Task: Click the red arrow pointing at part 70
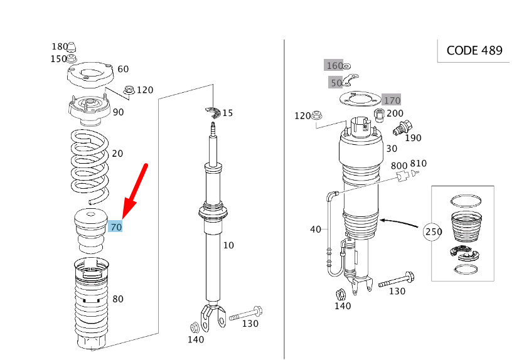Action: pos(135,192)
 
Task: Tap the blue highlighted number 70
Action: pos(116,227)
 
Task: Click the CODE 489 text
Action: pos(474,50)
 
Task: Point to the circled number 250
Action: pos(433,231)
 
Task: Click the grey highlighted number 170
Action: pos(392,100)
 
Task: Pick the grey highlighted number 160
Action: pos(333,65)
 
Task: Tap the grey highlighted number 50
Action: pos(336,82)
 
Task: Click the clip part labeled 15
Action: pos(213,112)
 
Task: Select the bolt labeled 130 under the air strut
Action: pos(397,280)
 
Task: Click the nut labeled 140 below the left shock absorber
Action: pos(195,327)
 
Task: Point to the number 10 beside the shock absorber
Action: pos(228,245)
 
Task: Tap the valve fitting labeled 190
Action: pos(403,128)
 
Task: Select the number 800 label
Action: pos(399,166)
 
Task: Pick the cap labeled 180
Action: pos(72,47)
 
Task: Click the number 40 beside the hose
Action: pos(316,230)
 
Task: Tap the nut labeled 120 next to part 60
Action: pos(129,90)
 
